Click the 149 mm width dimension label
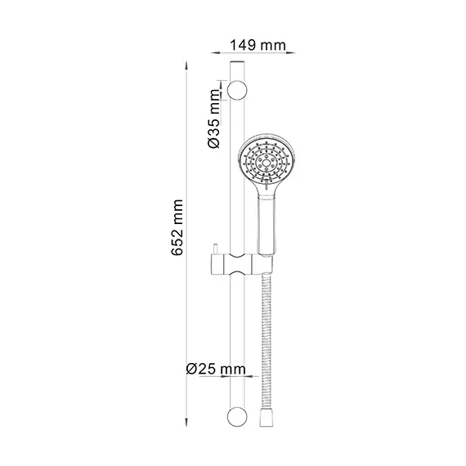pos(258,46)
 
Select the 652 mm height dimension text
pos(177,227)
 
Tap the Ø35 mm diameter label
pos(214,119)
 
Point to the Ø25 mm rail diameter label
pos(216,369)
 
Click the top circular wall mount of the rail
pos(237,90)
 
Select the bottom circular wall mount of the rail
pos(237,417)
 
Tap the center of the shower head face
pos(267,162)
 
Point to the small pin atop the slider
pos(216,249)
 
